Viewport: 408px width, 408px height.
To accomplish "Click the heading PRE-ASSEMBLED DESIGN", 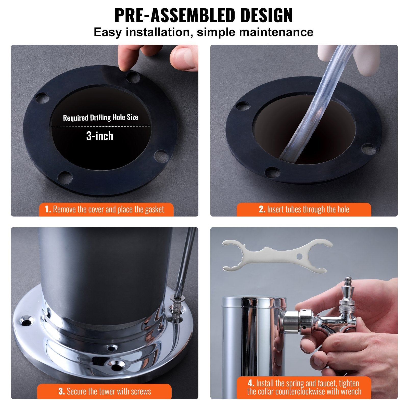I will (x=203, y=16).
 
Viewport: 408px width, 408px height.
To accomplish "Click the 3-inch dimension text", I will (x=100, y=136).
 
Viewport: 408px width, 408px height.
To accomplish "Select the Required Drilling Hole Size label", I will (x=100, y=118).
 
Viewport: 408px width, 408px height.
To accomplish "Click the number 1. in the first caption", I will (x=48, y=209).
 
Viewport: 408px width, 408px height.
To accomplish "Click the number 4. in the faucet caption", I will (x=251, y=383).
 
